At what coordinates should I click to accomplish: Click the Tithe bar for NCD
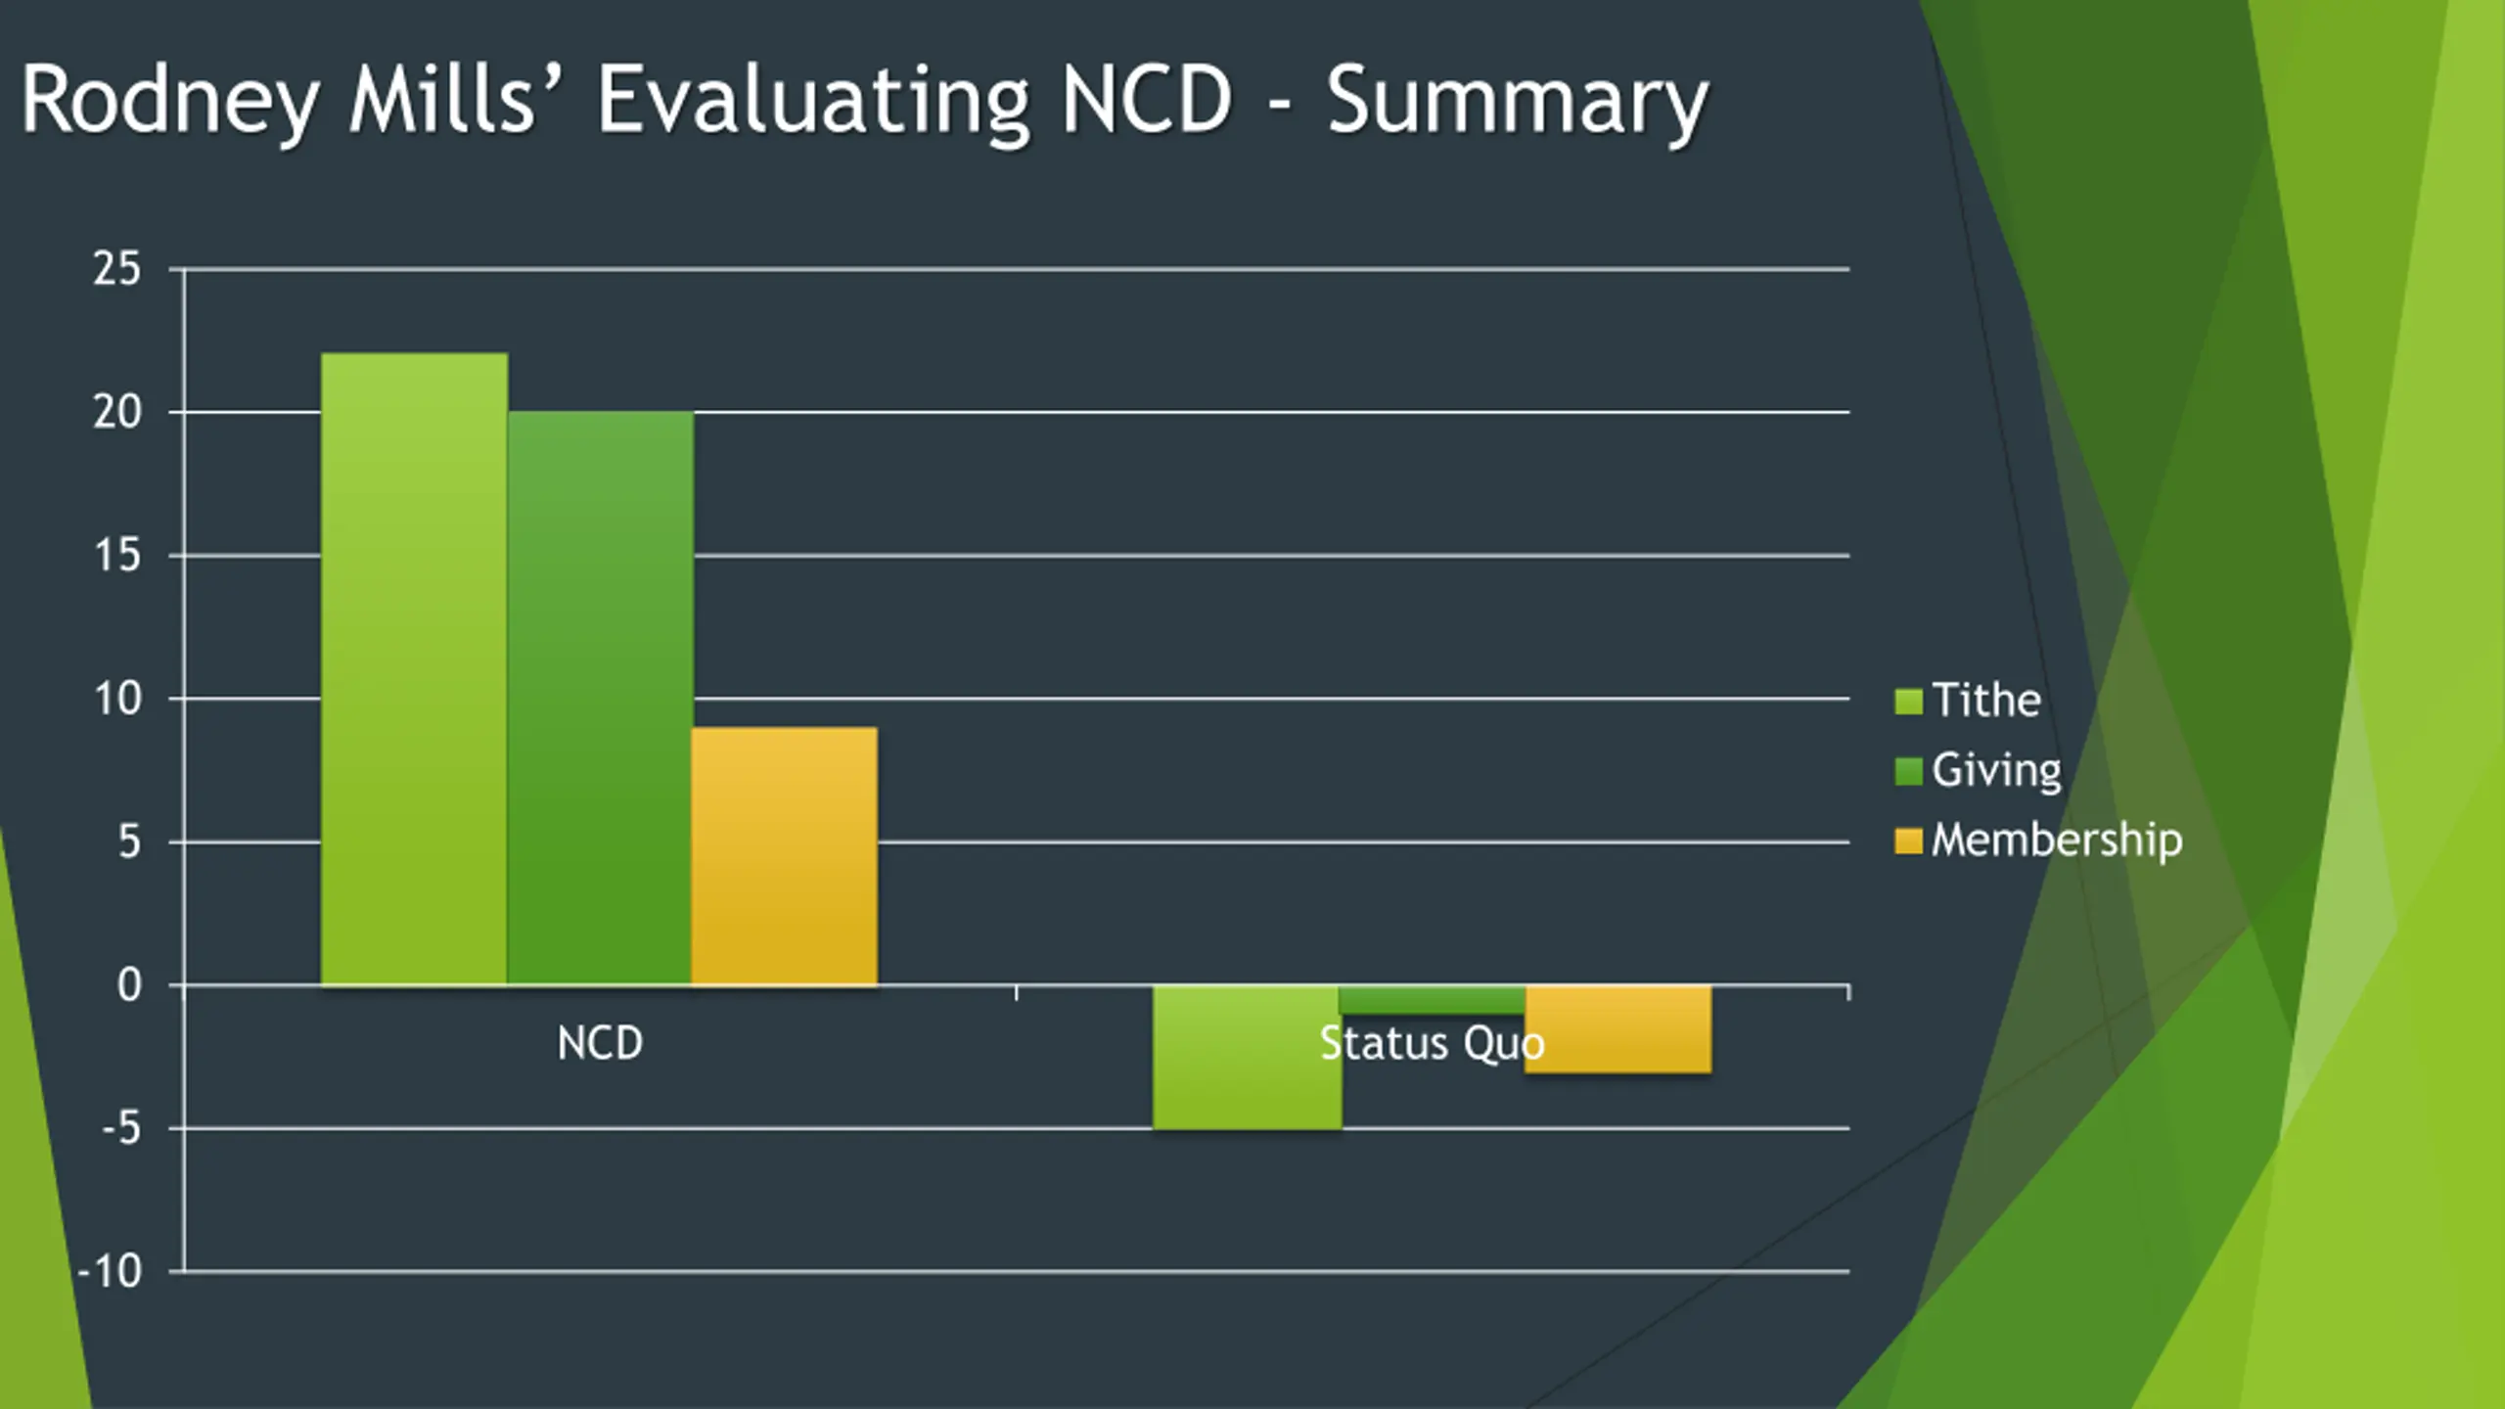click(x=414, y=669)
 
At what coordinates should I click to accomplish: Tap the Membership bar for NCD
click(x=784, y=856)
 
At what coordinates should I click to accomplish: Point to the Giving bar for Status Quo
click(x=1431, y=1000)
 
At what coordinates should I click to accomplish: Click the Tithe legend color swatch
click(x=1908, y=702)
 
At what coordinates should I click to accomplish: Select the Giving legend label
click(x=1996, y=771)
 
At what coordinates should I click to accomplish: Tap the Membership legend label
click(x=2056, y=841)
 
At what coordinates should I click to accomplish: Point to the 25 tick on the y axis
click(x=117, y=269)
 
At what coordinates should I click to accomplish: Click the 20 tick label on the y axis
click(x=117, y=412)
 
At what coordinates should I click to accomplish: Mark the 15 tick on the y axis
click(x=117, y=556)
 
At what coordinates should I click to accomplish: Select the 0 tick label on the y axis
click(x=129, y=985)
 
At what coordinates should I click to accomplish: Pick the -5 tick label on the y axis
click(x=121, y=1129)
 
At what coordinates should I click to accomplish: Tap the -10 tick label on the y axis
click(x=110, y=1272)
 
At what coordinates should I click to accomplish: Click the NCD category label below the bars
click(x=600, y=1043)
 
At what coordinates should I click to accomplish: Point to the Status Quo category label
click(x=1432, y=1043)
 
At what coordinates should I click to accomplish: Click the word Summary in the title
click(x=1517, y=101)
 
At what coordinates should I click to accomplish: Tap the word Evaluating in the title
click(x=812, y=101)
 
